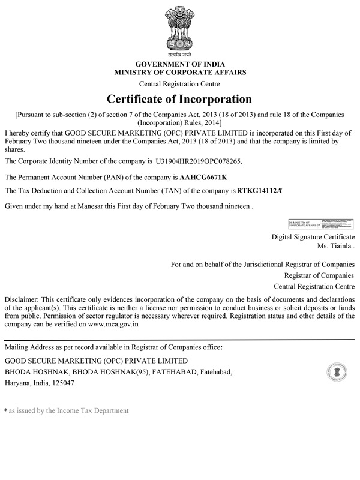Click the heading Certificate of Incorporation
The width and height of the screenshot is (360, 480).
(x=179, y=98)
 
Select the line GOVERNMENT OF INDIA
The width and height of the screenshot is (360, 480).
(x=179, y=64)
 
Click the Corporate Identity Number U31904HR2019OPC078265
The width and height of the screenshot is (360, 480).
(x=199, y=162)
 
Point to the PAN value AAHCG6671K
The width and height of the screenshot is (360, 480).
(x=204, y=178)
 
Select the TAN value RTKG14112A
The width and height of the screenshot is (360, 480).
(x=259, y=191)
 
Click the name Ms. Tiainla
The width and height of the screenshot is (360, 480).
(x=337, y=247)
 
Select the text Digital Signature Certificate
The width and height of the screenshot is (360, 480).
(x=313, y=238)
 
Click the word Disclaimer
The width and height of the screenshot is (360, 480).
(x=21, y=299)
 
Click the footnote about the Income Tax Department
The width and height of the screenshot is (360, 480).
(x=69, y=411)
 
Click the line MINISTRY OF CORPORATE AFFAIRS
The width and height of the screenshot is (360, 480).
(x=179, y=72)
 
